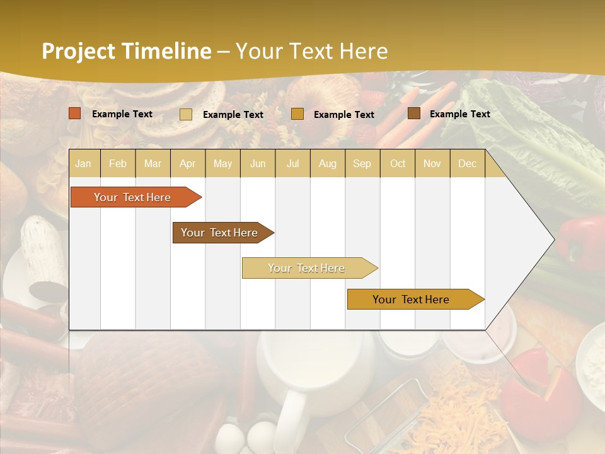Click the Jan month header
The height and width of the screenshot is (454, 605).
(x=83, y=163)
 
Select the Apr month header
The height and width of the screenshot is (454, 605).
(x=187, y=163)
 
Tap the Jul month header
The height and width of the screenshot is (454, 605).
(x=292, y=163)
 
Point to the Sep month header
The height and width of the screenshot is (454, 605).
(x=362, y=163)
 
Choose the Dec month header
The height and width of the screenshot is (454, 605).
(x=467, y=163)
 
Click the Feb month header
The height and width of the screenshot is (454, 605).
(x=118, y=163)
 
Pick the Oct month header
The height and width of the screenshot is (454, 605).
(x=398, y=163)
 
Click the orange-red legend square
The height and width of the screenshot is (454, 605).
(x=75, y=113)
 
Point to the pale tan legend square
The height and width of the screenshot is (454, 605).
(x=186, y=114)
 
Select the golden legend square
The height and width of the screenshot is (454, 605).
(x=297, y=114)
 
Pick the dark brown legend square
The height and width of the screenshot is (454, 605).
(x=414, y=113)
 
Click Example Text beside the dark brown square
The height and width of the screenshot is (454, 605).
(x=459, y=113)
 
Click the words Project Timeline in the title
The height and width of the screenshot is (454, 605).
(x=127, y=51)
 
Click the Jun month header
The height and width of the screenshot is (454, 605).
(x=258, y=163)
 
